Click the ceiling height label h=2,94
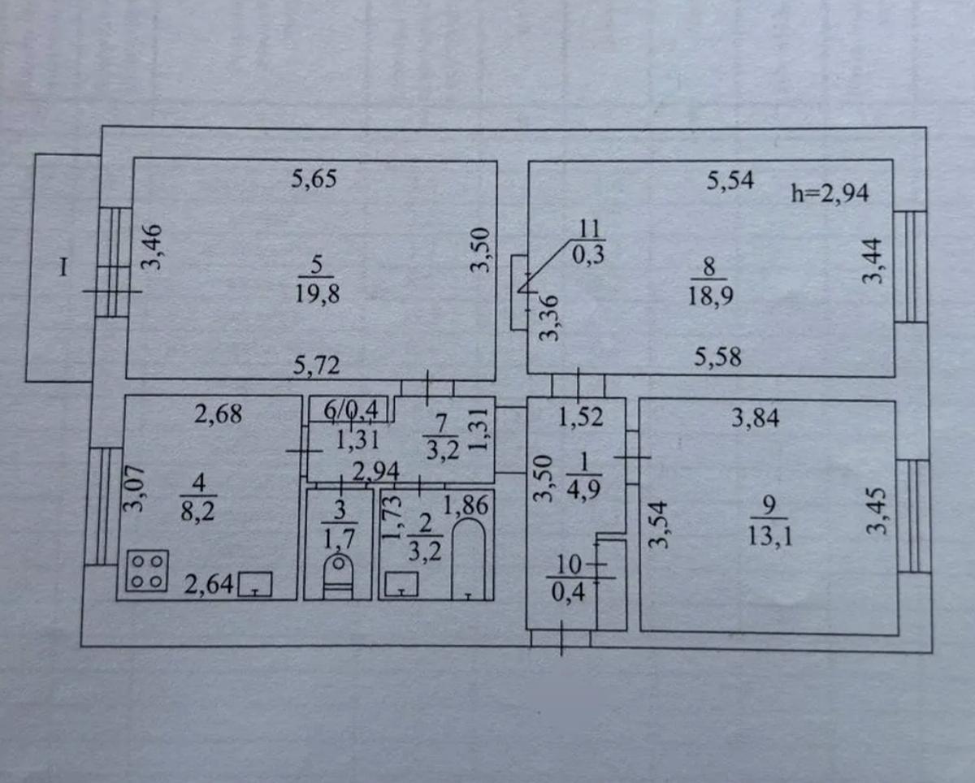[x=830, y=193]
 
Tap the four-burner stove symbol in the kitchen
[x=147, y=571]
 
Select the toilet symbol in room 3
[x=338, y=576]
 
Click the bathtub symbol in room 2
[x=469, y=560]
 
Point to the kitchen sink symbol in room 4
[x=255, y=584]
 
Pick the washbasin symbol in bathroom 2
[x=401, y=584]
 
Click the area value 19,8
[x=317, y=294]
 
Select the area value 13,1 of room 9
[x=769, y=537]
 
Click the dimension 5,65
[x=314, y=179]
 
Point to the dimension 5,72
[x=316, y=365]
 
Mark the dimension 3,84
[x=756, y=418]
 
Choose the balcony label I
[x=63, y=267]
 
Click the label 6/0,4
[x=351, y=410]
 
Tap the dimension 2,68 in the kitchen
[x=219, y=414]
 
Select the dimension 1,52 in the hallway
[x=581, y=417]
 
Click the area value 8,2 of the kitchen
[x=197, y=513]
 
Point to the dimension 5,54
[x=730, y=180]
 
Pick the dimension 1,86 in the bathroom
[x=466, y=505]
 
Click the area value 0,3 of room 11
[x=588, y=255]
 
